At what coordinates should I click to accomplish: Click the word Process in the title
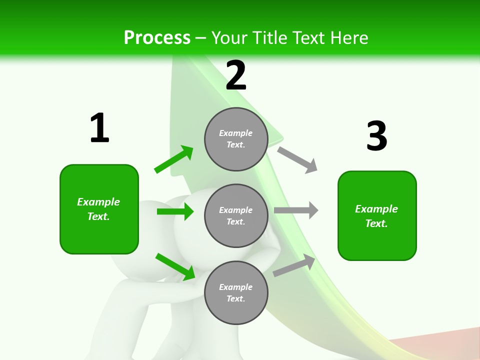(157, 37)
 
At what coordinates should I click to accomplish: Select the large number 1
(99, 128)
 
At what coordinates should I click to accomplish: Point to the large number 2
(236, 75)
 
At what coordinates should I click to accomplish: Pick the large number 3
(376, 136)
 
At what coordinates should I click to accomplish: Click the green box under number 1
(99, 209)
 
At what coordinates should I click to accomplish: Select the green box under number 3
(377, 216)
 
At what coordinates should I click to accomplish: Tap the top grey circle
(236, 139)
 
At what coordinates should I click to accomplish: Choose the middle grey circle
(236, 216)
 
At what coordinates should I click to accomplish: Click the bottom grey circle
(236, 293)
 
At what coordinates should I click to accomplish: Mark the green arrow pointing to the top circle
(174, 159)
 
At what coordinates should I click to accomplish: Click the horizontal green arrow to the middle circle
(175, 211)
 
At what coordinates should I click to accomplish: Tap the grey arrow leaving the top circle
(297, 159)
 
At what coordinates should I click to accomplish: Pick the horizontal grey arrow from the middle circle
(296, 210)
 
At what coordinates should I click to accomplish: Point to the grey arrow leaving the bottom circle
(294, 265)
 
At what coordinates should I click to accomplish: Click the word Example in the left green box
(98, 202)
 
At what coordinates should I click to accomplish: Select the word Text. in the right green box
(376, 223)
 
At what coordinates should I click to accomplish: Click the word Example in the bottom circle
(235, 287)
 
